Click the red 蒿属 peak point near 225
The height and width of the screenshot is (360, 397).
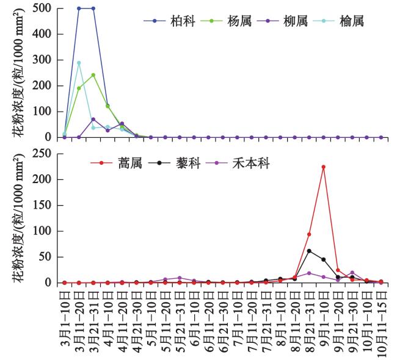[324, 167]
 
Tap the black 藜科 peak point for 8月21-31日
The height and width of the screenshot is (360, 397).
[309, 251]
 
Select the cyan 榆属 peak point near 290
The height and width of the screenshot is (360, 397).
[79, 63]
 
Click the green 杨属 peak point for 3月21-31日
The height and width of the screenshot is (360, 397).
[93, 75]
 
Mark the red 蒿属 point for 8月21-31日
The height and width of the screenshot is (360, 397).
[309, 234]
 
